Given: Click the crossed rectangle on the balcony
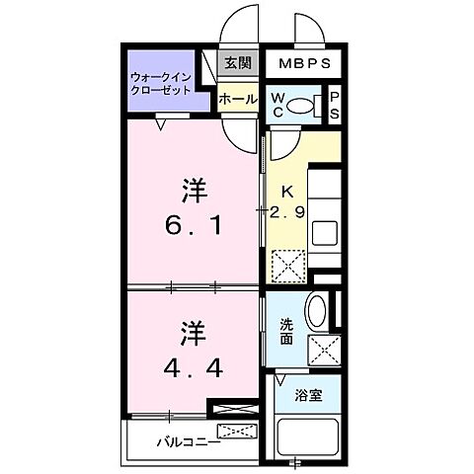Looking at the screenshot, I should click(x=237, y=432).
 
